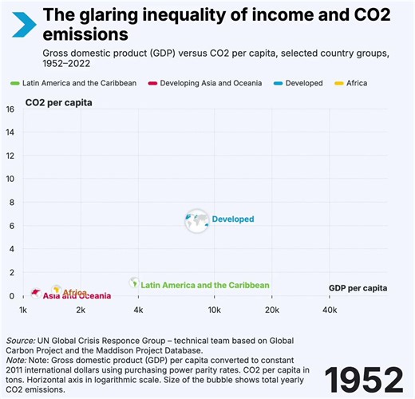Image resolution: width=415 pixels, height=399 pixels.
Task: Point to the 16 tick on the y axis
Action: click(10, 109)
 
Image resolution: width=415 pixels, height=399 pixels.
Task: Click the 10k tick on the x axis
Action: click(214, 310)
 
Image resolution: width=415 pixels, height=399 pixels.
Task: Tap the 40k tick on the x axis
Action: click(329, 310)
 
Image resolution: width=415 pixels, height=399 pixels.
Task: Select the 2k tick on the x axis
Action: click(81, 310)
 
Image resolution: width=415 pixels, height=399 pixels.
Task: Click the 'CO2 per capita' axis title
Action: click(58, 103)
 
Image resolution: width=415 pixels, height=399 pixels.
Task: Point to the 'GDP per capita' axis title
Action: click(358, 287)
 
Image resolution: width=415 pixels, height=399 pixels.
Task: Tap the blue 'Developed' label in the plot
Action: click(232, 219)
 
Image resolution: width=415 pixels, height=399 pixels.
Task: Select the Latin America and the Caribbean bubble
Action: click(135, 283)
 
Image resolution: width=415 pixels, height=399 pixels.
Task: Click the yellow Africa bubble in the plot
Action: click(57, 290)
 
